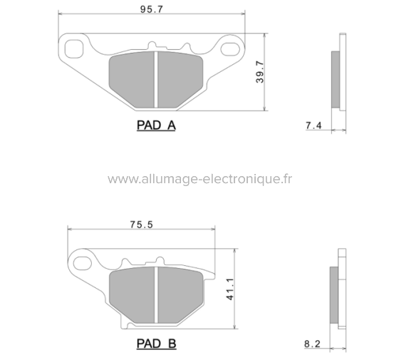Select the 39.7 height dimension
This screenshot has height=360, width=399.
[x=260, y=72]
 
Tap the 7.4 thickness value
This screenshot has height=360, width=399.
[x=313, y=126]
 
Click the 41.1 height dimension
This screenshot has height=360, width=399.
[x=229, y=289]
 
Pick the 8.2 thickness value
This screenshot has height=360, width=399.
[x=312, y=344]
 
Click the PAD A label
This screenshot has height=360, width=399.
[x=155, y=126]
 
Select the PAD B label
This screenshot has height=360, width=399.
[x=155, y=344]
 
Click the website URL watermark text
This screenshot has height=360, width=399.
[x=199, y=178]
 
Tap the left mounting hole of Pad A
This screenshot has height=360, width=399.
[x=73, y=48]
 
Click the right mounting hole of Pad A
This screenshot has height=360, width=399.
[x=232, y=48]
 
